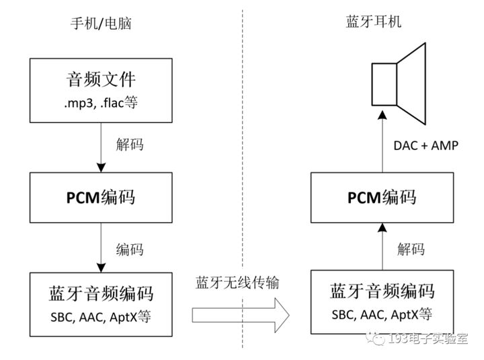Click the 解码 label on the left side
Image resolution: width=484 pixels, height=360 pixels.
pyautogui.click(x=130, y=145)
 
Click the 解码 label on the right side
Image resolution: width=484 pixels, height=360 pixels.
pyautogui.click(x=411, y=249)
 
